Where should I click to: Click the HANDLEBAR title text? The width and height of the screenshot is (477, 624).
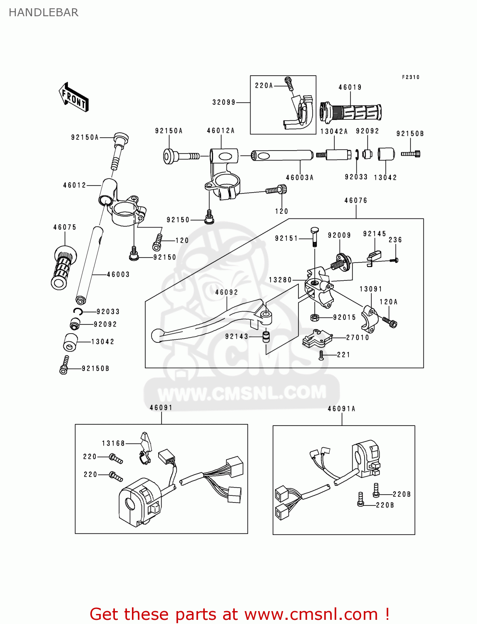43,12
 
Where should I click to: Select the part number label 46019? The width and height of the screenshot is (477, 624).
350,87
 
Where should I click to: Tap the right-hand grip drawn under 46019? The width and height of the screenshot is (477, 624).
350,113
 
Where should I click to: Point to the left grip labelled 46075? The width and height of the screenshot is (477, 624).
63,267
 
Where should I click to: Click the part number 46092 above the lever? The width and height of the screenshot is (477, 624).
226,292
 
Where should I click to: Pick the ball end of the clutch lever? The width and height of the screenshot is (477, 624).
157,336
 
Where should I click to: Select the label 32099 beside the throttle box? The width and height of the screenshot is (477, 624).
224,102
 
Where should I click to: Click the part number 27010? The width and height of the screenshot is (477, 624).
358,337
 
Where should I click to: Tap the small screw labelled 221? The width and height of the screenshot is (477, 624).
321,355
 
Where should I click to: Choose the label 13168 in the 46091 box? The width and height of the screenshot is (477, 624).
113,443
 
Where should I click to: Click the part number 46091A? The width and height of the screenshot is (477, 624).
341,409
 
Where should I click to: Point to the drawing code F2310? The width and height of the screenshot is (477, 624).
410,77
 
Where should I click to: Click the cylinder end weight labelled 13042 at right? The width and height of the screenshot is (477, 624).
386,154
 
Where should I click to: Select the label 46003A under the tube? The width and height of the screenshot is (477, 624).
300,178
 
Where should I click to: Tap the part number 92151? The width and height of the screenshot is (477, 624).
286,238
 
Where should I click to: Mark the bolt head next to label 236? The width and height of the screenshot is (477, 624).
395,260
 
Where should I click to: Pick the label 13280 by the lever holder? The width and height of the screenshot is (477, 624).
280,280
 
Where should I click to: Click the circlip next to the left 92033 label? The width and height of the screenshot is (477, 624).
78,312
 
